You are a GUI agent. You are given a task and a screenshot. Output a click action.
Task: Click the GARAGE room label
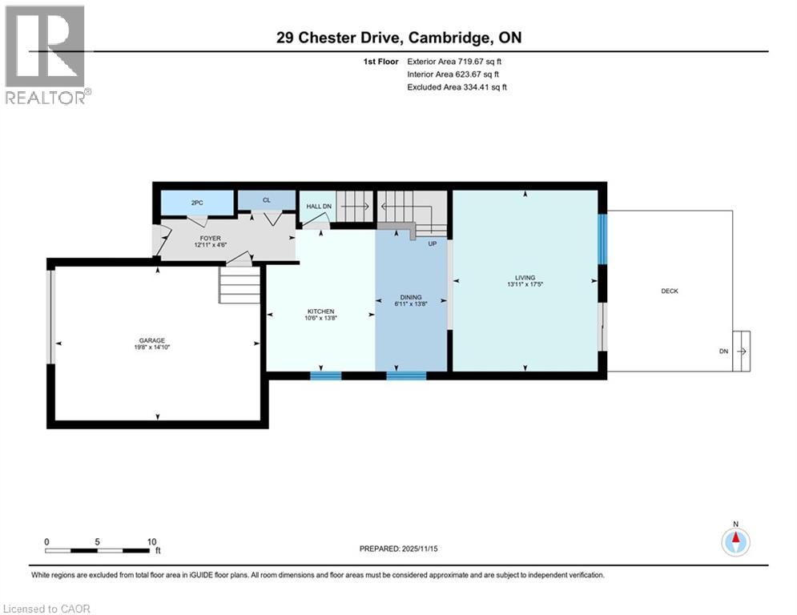point(150,340)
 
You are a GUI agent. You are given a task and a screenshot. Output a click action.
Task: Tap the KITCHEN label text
point(320,312)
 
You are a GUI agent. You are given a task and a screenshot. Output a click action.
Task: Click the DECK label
point(669,291)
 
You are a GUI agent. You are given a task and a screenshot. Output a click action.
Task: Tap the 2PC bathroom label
point(196,203)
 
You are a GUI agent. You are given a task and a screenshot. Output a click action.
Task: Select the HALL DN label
point(319,207)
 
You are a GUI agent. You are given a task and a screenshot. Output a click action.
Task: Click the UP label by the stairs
point(432,243)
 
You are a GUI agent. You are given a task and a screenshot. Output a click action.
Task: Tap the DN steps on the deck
point(740,352)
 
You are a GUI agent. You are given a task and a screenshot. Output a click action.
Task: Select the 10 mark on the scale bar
point(151,541)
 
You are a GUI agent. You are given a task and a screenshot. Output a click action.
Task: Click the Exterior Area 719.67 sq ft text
point(455,61)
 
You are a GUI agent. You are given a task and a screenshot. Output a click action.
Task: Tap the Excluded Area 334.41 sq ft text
point(457,86)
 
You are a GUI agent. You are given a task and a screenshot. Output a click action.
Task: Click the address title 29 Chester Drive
point(397,38)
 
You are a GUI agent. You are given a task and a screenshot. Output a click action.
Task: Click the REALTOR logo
point(46,54)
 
